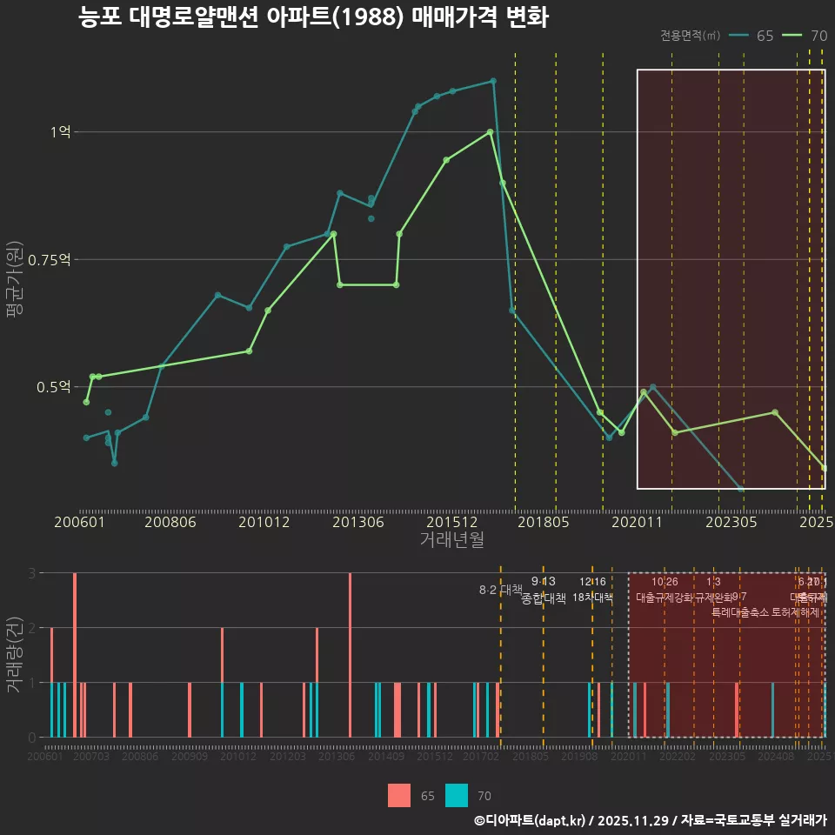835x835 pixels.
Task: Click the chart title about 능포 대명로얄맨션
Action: coord(313,17)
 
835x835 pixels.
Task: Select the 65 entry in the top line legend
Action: coord(752,36)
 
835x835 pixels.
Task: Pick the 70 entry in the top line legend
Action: coord(805,36)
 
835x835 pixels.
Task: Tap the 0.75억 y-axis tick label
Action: coord(49,259)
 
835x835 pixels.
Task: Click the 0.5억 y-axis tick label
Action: coord(53,387)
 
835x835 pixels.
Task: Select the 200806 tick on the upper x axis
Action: coord(170,522)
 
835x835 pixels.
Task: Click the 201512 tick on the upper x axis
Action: coord(452,522)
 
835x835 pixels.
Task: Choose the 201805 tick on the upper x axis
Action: coord(544,522)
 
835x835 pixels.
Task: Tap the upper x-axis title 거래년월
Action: coord(452,540)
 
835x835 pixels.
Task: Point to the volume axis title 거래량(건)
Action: coord(15,655)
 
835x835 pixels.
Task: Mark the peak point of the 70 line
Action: coord(491,132)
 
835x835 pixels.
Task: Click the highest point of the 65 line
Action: coord(493,81)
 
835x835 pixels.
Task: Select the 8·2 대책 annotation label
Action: coord(500,590)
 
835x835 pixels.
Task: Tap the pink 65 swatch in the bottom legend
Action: coord(399,795)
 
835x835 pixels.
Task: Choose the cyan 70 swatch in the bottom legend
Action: coord(457,795)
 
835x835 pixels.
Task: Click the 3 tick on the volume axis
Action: coord(32,573)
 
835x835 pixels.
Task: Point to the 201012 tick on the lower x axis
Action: coord(237,758)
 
